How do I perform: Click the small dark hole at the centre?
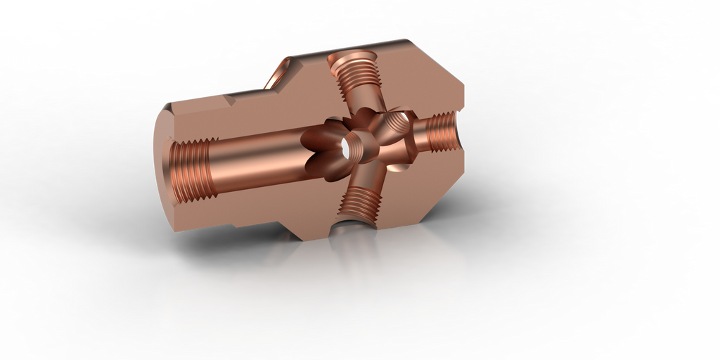click(346, 148)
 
